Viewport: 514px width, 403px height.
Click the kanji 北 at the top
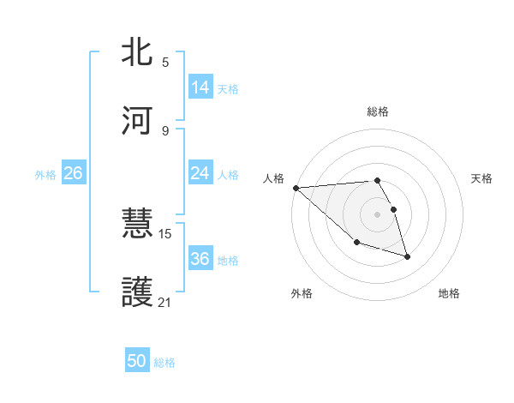tap(138, 52)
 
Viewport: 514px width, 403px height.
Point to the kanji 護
tap(138, 292)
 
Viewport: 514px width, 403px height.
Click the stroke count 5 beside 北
tap(165, 62)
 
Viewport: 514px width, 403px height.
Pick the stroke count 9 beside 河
tap(165, 130)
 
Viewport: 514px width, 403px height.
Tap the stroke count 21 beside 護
tap(165, 302)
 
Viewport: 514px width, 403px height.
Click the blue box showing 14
tap(200, 87)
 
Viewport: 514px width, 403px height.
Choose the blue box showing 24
tap(200, 173)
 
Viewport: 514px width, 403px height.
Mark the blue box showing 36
tap(200, 259)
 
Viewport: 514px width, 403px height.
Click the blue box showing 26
tap(73, 173)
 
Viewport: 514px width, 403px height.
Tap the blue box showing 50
tap(137, 362)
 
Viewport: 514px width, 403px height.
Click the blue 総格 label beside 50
tap(164, 363)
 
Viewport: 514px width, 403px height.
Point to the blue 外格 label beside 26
tap(45, 174)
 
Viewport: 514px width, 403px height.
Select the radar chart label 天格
tap(481, 178)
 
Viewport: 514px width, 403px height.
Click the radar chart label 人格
tap(272, 178)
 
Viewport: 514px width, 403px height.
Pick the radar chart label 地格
tap(449, 293)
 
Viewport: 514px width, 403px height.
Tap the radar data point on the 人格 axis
tap(296, 188)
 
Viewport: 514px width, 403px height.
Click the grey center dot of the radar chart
tap(377, 214)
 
